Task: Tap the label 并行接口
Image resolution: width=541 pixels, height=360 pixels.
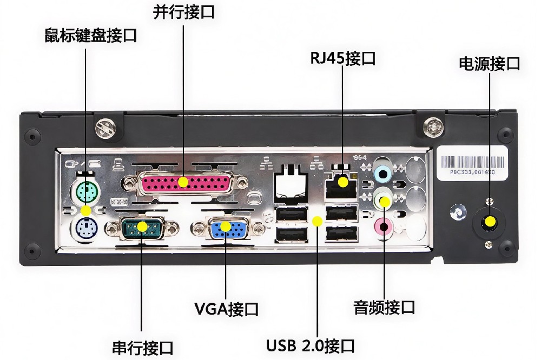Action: [x=183, y=12]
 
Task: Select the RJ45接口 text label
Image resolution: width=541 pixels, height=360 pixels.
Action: [x=342, y=58]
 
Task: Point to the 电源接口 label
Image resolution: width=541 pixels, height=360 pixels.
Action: [x=489, y=63]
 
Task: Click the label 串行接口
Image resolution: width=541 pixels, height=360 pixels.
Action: [x=142, y=346]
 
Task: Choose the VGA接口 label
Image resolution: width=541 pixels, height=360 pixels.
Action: [x=226, y=309]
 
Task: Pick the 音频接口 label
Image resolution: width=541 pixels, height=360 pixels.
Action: [x=384, y=308]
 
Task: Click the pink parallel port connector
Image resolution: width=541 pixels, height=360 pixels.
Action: [x=183, y=182]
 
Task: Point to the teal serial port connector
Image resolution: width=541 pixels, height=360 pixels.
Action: [x=142, y=226]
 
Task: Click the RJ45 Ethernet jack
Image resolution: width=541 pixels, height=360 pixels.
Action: [x=342, y=182]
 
